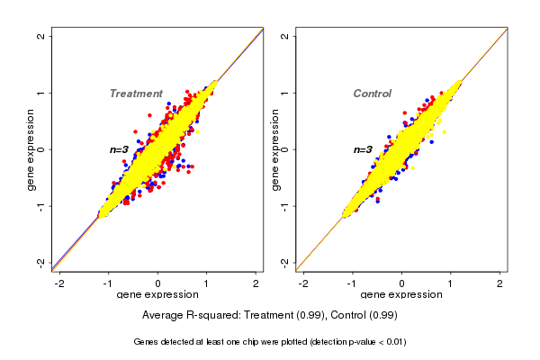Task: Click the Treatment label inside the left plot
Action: coord(136,94)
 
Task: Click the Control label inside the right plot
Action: coord(372,94)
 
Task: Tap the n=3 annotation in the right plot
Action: coord(364,149)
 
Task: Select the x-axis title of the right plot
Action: coord(400,295)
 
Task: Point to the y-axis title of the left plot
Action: coord(32,148)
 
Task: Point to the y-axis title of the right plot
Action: coord(276,148)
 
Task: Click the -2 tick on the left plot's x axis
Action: coord(60,283)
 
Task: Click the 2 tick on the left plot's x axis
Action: coord(256,283)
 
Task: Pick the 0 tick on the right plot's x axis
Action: coord(401,283)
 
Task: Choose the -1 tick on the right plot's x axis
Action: coord(352,283)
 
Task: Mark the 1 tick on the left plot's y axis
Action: coord(43,93)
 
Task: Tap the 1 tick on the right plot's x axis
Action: coord(451,283)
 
